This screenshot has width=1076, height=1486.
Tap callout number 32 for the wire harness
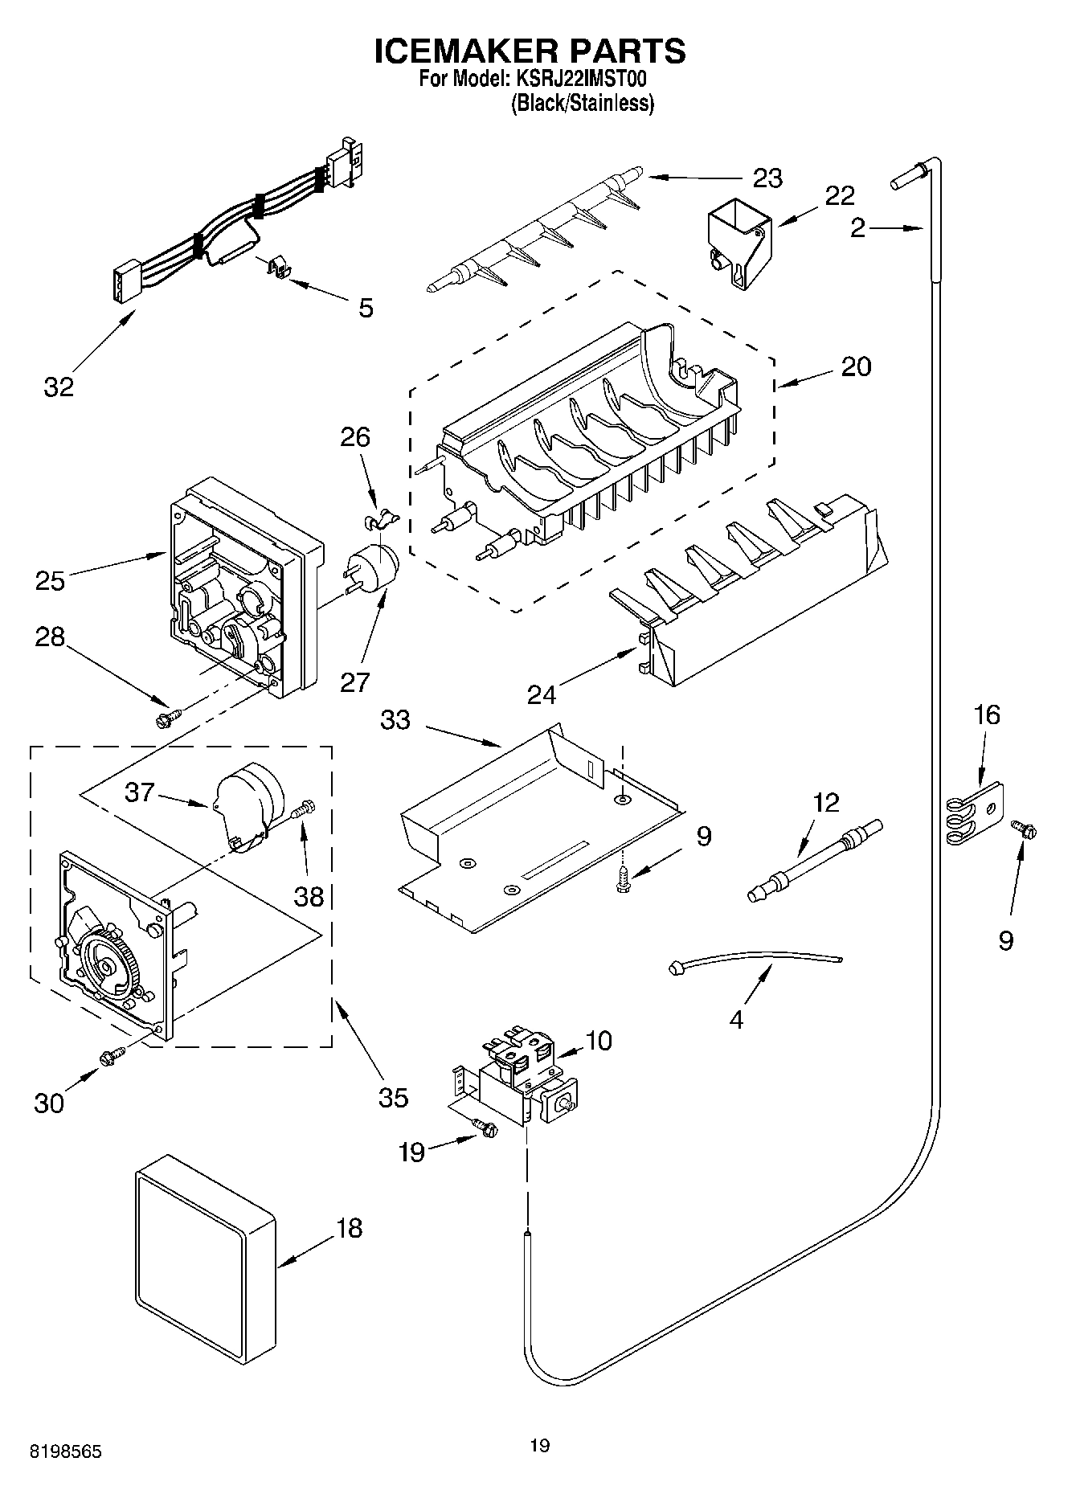pyautogui.click(x=59, y=387)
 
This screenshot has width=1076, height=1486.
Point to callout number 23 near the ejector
pyautogui.click(x=767, y=178)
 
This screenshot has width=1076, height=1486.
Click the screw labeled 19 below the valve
pyautogui.click(x=485, y=1128)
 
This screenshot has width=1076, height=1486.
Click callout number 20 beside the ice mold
pyautogui.click(x=856, y=366)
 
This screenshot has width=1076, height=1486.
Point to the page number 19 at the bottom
pyautogui.click(x=539, y=1447)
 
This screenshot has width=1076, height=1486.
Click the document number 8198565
pyautogui.click(x=66, y=1453)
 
